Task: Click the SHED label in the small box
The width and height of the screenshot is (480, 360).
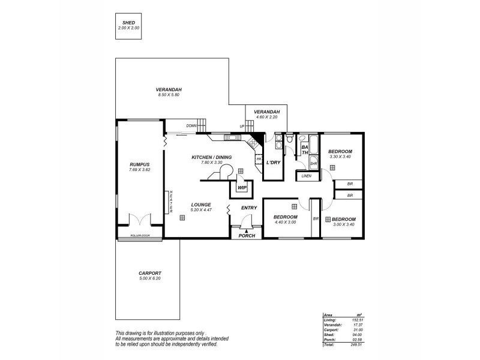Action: pyautogui.click(x=129, y=22)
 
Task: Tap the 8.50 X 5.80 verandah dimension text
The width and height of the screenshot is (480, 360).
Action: pyautogui.click(x=169, y=95)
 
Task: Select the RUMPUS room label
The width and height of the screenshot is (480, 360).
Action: pyautogui.click(x=139, y=164)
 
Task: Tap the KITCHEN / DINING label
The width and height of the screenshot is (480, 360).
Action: pyautogui.click(x=207, y=157)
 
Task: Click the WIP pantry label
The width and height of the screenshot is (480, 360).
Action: pyautogui.click(x=242, y=188)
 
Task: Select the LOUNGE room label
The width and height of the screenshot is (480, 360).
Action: pyautogui.click(x=200, y=204)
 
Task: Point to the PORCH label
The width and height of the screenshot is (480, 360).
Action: pyautogui.click(x=247, y=236)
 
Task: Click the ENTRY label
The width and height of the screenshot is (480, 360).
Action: pyautogui.click(x=249, y=208)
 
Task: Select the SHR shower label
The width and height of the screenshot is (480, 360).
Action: pyautogui.click(x=313, y=163)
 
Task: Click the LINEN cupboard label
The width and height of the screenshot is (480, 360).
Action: pyautogui.click(x=306, y=176)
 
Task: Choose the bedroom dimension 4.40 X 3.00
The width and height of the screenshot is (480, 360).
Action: pyautogui.click(x=285, y=222)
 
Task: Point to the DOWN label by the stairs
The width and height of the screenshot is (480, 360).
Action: pyautogui.click(x=191, y=126)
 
